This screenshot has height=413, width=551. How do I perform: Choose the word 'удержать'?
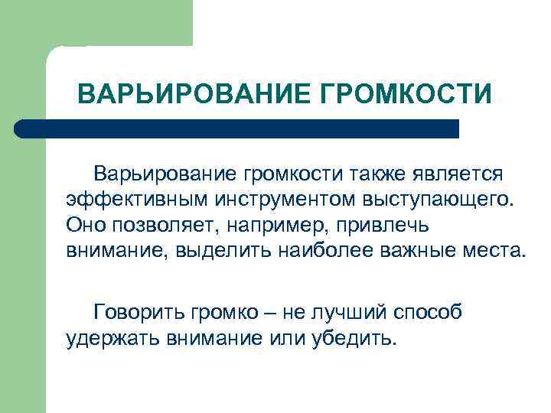pos(112,337)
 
